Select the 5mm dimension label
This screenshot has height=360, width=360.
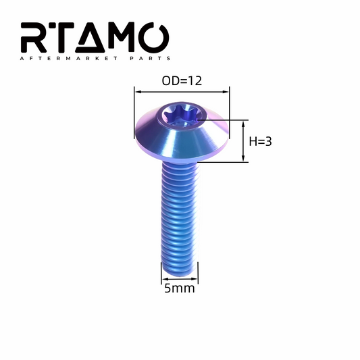pos(180,288)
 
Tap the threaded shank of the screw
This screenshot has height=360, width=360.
pos(180,209)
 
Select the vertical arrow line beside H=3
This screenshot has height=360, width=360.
pos(244,140)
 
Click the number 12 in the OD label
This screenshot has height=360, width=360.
pos(195,80)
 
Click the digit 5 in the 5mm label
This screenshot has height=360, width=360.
pos(168,288)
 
